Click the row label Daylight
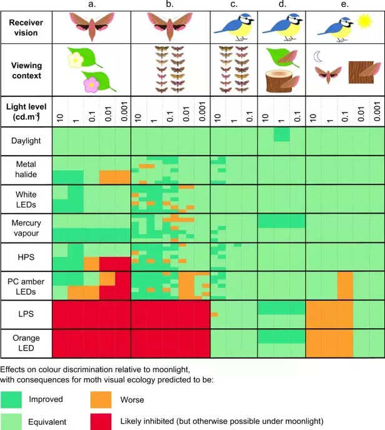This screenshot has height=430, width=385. [26, 141]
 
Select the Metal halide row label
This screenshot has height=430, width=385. [26, 169]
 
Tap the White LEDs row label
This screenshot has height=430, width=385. [26, 199]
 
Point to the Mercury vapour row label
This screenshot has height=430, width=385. [26, 227]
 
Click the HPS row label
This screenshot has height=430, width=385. [26, 257]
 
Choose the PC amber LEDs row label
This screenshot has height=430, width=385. [26, 286]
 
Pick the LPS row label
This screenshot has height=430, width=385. [26, 314]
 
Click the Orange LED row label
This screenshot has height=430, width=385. [26, 343]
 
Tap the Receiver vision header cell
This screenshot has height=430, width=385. [26, 27]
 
